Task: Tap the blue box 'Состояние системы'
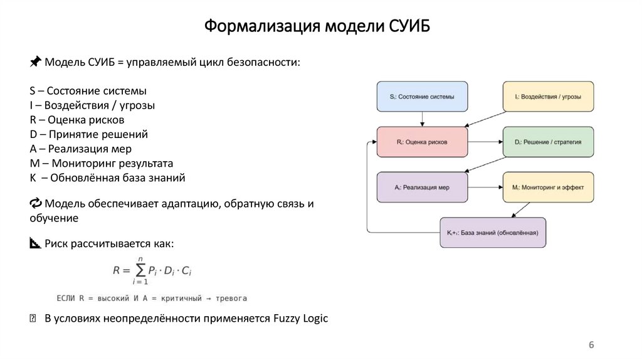tap(422, 97)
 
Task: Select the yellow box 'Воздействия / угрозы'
tap(548, 97)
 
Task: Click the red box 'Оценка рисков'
tap(422, 142)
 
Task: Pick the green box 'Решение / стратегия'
tap(548, 142)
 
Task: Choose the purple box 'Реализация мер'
tap(422, 187)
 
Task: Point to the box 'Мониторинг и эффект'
tap(548, 187)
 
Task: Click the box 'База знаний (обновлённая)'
tap(493, 233)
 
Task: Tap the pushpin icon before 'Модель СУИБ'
tap(36, 61)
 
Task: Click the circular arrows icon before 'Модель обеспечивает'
tap(36, 203)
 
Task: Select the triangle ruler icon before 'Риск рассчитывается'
tap(35, 243)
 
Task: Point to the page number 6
tap(591, 345)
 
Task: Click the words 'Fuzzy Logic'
tap(300, 319)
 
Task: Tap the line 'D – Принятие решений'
tap(88, 134)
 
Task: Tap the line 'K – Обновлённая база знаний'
tap(107, 178)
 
